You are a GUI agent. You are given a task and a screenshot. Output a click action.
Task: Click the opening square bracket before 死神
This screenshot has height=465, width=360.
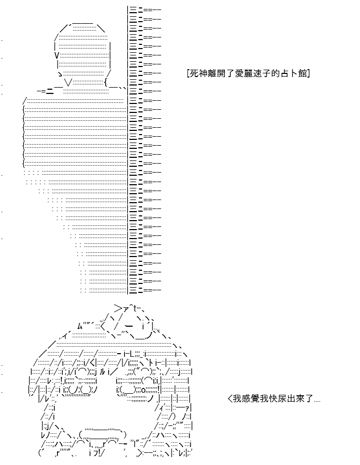[x=188, y=73]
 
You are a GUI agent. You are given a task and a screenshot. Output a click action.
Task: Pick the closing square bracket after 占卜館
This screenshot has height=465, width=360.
[x=309, y=73]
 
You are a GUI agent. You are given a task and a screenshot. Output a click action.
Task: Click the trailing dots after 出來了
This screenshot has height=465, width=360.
[x=317, y=401]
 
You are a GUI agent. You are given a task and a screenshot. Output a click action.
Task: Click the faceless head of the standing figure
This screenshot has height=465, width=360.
[x=83, y=53]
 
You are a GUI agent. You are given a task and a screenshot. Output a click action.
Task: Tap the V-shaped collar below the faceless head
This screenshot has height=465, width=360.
[x=69, y=82]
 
